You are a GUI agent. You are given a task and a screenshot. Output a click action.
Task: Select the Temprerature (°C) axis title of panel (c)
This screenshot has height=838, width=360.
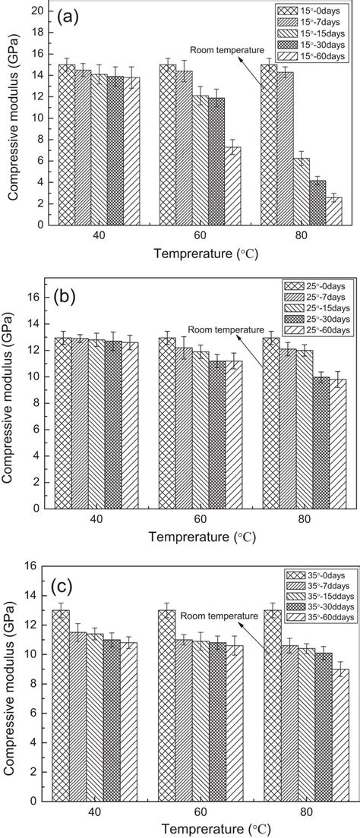tap(201, 828)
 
